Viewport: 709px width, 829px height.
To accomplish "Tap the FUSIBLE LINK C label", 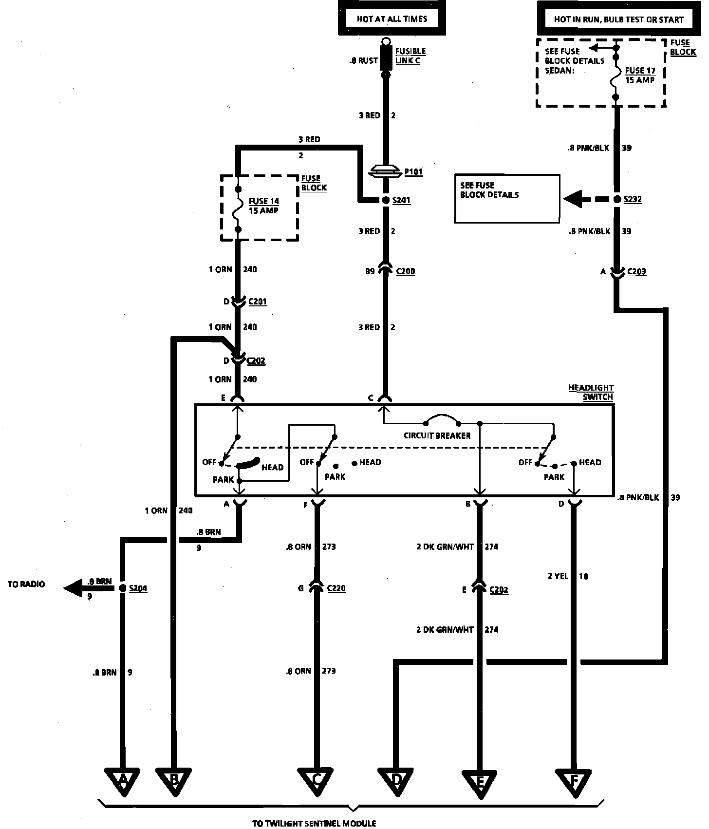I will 410,56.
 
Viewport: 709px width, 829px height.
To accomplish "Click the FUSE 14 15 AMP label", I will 264,206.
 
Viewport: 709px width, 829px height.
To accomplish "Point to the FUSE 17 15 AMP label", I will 640,75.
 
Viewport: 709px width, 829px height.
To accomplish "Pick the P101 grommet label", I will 413,172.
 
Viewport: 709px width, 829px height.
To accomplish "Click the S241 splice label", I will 401,200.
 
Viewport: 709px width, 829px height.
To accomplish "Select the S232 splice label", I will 633,199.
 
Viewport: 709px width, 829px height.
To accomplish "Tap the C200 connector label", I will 405,271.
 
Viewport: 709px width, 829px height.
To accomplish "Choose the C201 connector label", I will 258,301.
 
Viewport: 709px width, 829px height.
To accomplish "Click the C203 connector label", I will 636,271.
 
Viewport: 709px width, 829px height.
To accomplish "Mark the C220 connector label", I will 336,588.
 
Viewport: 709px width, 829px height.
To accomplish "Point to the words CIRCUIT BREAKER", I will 437,436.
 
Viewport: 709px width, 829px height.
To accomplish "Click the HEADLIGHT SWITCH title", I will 591,392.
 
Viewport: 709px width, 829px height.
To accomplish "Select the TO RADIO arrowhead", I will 73,588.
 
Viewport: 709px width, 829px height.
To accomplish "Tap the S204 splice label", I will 138,588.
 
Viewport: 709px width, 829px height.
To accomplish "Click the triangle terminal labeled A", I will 123,781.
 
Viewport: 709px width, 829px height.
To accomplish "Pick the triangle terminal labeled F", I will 574,782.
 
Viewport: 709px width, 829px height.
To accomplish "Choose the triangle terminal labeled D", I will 396,781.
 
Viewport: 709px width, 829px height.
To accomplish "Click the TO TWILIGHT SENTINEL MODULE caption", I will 314,823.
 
